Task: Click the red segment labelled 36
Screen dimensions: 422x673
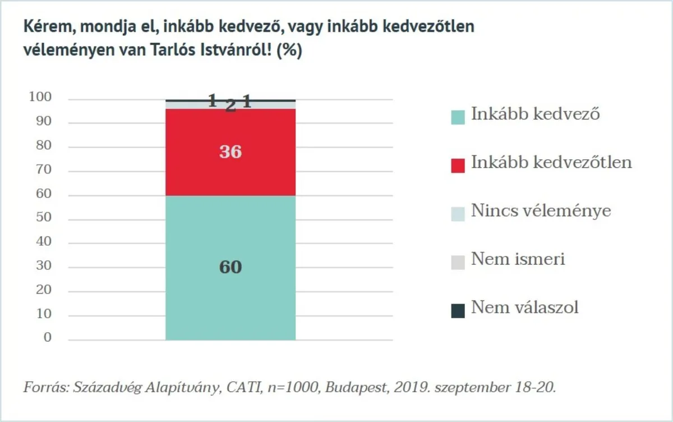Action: coord(231,174)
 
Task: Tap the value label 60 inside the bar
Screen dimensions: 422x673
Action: coord(231,267)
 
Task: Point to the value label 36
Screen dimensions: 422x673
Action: coord(231,152)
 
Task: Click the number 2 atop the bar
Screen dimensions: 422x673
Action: coord(231,105)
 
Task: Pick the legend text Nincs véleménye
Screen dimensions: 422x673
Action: coord(541,211)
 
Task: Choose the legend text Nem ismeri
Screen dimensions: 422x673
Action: coord(518,259)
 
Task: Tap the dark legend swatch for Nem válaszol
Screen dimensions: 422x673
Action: coord(458,310)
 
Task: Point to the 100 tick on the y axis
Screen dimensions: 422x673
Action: coord(40,98)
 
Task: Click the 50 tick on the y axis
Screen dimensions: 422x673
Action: coord(43,218)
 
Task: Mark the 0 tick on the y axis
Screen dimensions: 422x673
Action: coord(47,338)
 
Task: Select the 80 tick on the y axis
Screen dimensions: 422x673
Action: coord(43,146)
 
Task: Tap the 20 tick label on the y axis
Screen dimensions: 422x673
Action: coord(43,290)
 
